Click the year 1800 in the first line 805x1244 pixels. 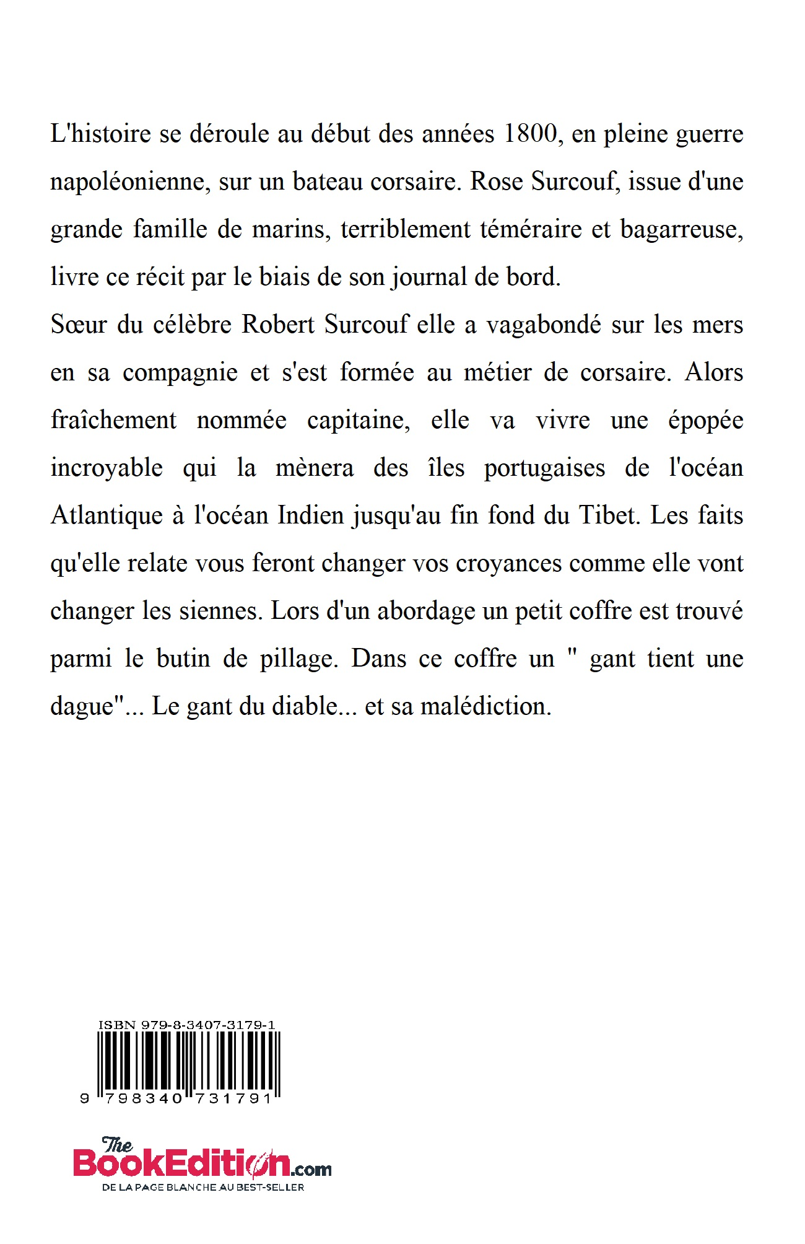(x=531, y=134)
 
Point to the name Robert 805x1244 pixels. (x=279, y=325)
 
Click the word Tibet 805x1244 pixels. (x=609, y=516)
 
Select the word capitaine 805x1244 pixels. (x=359, y=421)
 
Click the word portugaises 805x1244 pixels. (x=544, y=468)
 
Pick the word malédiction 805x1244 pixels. (x=486, y=707)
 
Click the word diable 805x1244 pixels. (x=306, y=707)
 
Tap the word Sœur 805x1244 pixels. (x=79, y=325)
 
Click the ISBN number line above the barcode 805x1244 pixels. (x=186, y=1025)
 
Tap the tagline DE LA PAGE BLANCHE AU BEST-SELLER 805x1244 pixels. (x=203, y=1188)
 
